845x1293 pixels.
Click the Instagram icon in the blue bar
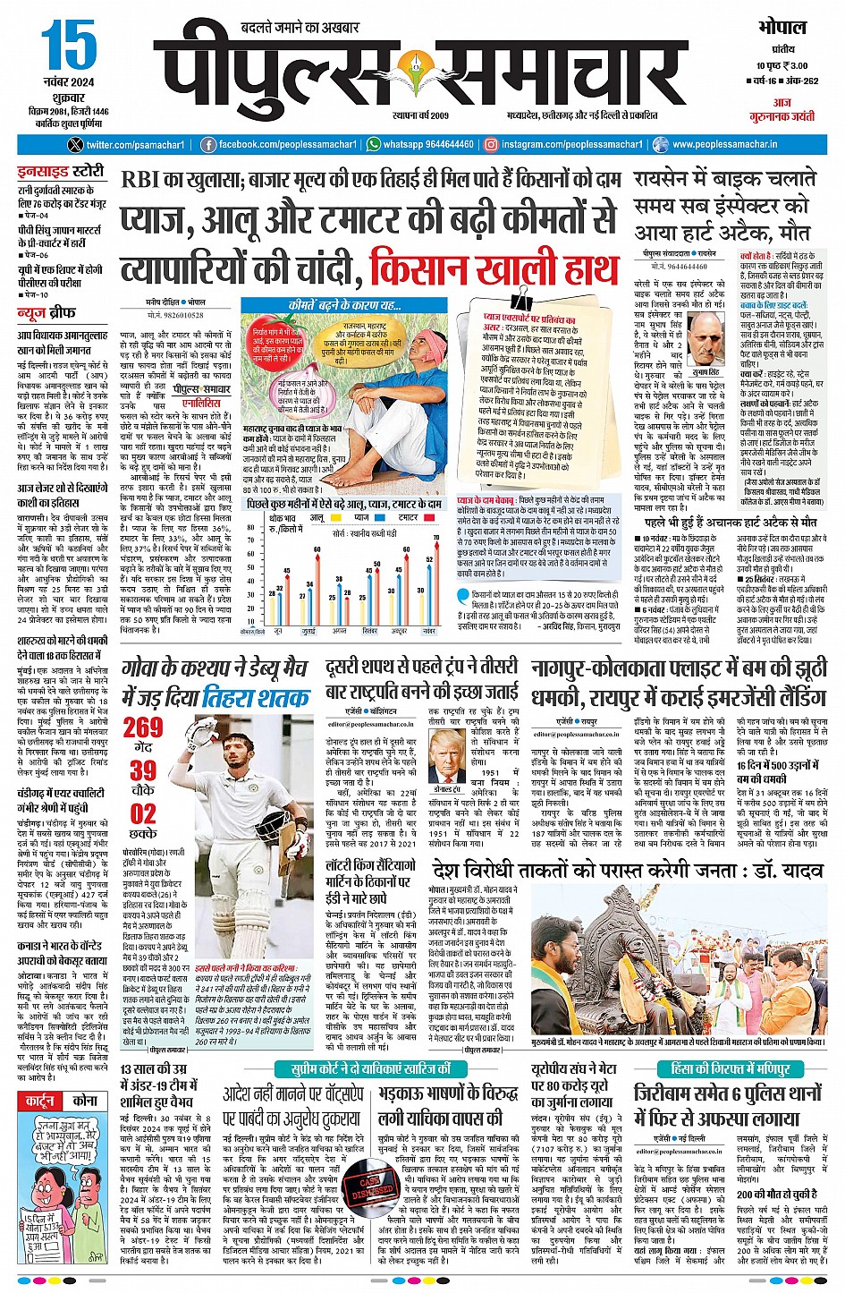tap(491, 144)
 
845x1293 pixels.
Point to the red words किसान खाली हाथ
tap(494, 268)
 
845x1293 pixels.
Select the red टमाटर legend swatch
tap(392, 518)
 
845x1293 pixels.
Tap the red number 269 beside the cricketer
tap(143, 727)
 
